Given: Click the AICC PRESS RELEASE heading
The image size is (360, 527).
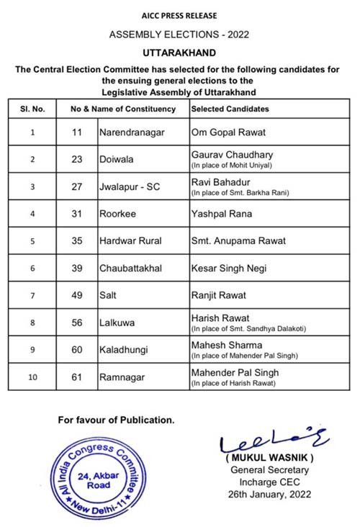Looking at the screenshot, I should [x=179, y=15].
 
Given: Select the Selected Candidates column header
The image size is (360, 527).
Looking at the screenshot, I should [x=230, y=109].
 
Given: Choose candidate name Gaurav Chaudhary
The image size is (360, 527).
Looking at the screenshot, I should [x=225, y=155].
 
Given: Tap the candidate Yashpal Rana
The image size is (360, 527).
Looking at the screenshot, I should [x=220, y=214].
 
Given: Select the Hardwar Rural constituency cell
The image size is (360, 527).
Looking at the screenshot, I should [x=130, y=241].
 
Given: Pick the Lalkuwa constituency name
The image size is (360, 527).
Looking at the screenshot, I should [x=118, y=323].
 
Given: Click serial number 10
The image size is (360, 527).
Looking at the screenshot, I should [x=32, y=377].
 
